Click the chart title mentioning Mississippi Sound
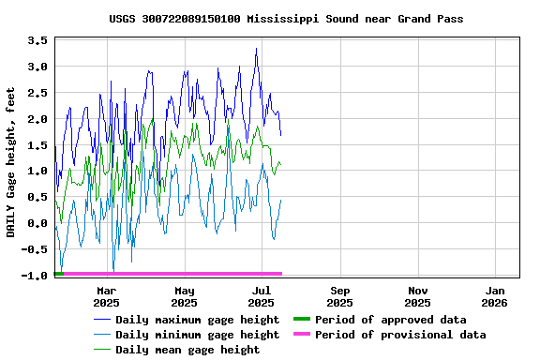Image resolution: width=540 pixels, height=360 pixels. (x=286, y=19)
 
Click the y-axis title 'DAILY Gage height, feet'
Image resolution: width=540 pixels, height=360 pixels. (x=11, y=157)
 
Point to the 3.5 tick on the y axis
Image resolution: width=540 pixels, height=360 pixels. (x=37, y=40)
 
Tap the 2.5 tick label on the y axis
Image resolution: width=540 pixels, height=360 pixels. (x=37, y=93)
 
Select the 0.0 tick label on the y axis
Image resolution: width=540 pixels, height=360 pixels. (x=37, y=224)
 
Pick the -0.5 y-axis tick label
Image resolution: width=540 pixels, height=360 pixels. (x=34, y=249)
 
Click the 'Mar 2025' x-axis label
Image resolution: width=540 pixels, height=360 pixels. (x=106, y=296)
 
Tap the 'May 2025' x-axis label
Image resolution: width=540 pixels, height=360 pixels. (x=184, y=296)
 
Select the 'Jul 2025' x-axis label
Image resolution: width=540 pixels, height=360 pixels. (x=262, y=296)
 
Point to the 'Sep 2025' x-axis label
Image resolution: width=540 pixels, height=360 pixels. (x=339, y=296)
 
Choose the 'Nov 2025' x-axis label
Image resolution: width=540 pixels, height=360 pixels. (x=417, y=296)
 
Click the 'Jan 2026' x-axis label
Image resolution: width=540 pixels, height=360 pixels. (x=495, y=296)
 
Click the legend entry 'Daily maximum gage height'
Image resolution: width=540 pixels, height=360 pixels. (x=197, y=320)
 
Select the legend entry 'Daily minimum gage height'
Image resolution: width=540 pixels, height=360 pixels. (x=197, y=335)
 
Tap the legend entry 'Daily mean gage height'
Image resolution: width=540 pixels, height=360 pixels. (x=187, y=350)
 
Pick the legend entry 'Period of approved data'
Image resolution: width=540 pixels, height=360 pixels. (x=390, y=320)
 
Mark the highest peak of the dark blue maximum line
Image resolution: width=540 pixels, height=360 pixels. (x=256, y=49)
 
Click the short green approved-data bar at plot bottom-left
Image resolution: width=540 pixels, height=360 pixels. (x=59, y=273)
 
